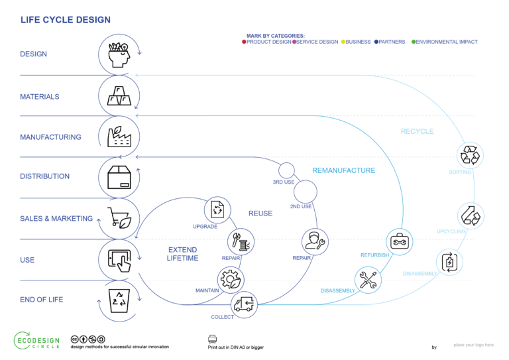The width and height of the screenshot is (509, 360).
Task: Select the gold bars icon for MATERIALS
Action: pos(118,95)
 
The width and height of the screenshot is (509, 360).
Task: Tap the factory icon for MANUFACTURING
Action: pos(118,136)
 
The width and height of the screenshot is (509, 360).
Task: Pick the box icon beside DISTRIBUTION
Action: pos(118,176)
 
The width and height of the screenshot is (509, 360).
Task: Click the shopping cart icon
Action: pos(119,217)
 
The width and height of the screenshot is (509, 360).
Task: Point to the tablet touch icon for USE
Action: pos(118,259)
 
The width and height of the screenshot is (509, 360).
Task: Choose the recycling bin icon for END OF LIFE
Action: pos(118,300)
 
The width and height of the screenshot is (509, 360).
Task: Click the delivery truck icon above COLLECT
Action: pos(243,305)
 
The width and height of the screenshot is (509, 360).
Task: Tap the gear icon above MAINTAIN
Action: pos(231,280)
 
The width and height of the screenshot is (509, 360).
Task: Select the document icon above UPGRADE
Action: pos(218,210)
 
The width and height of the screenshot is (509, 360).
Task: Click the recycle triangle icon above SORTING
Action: pos(470,156)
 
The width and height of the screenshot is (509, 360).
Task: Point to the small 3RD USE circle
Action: pos(286,170)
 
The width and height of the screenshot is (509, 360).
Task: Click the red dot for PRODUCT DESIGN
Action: pos(245,42)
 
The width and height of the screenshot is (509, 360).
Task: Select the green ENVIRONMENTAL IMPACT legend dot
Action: pos(414,42)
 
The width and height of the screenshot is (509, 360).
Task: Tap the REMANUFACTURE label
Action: pos(343,171)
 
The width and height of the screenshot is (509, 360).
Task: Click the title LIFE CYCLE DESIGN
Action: pos(66,21)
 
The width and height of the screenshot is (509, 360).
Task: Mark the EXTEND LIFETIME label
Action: pos(182,254)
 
